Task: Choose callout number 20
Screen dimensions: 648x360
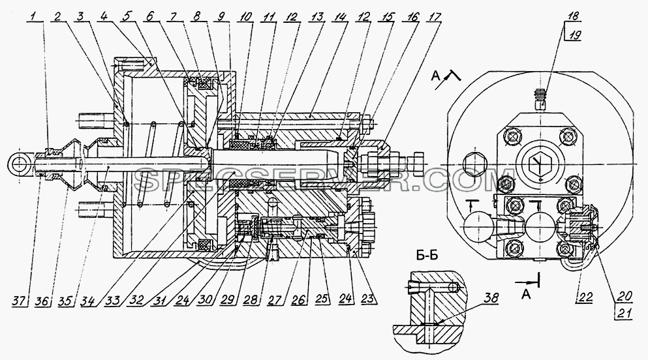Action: click(625, 295)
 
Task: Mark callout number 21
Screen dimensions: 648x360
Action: click(625, 313)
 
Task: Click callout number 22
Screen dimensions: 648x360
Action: click(586, 297)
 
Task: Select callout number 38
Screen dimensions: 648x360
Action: click(491, 298)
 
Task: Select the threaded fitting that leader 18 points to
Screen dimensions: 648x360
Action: click(539, 100)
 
